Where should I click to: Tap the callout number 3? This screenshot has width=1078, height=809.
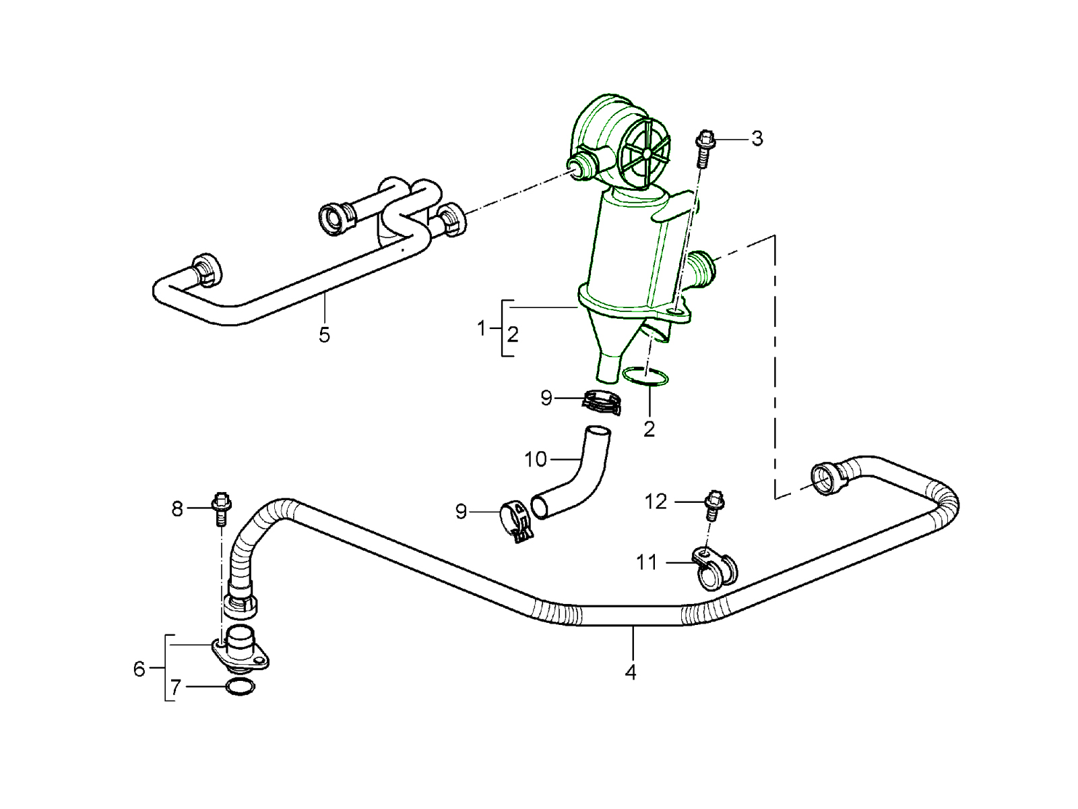[x=757, y=139]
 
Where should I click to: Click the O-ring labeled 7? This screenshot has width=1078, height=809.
[x=241, y=688]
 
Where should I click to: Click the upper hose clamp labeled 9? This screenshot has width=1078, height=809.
[x=601, y=402]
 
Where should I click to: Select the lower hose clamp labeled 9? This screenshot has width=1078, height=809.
[x=517, y=521]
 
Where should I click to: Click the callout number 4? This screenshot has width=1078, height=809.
[x=631, y=671]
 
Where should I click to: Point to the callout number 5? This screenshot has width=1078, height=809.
[x=324, y=334]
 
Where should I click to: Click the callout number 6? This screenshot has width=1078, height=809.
[x=139, y=669]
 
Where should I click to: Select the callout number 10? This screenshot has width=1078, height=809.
[x=536, y=460]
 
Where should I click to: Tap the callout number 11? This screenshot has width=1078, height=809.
[x=647, y=562]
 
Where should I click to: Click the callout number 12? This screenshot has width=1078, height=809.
[x=656, y=502]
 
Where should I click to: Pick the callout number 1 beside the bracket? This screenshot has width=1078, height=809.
[x=481, y=328]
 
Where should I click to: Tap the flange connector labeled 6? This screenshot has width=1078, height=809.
[x=240, y=651]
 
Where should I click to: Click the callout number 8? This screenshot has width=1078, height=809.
[x=177, y=509]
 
